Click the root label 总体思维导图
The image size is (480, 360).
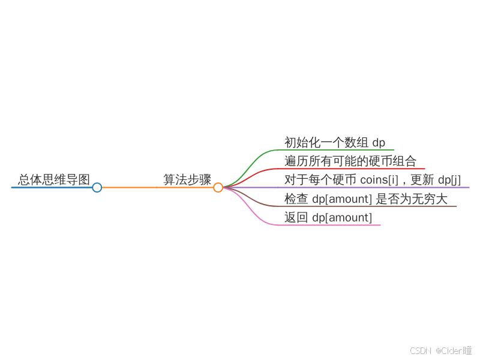54,179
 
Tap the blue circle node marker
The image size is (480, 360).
97,187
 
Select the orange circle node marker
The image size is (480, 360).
218,187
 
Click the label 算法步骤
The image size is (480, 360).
187,179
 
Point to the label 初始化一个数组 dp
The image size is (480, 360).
335,142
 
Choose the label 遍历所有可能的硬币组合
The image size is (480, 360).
350,161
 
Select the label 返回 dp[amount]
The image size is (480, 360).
328,217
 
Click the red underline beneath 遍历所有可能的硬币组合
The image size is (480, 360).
354,169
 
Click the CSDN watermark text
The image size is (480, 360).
422,350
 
